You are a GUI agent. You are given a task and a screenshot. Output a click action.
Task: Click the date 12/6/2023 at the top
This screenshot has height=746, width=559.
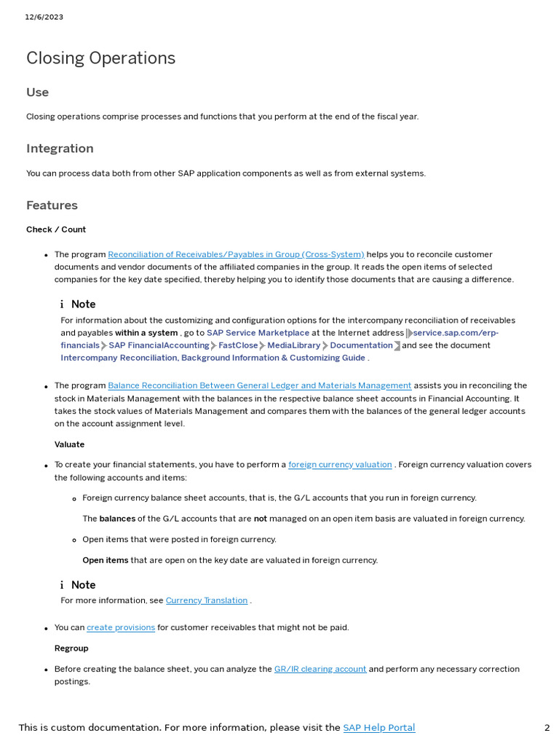click(x=44, y=17)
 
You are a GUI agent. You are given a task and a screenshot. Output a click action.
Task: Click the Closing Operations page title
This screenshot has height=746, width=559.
click(x=100, y=58)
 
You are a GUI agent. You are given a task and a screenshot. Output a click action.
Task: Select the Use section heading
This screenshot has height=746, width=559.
click(x=37, y=93)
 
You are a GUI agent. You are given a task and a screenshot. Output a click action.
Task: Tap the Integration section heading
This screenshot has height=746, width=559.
click(x=60, y=149)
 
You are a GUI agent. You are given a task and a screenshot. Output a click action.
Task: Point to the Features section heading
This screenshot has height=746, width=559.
click(x=52, y=205)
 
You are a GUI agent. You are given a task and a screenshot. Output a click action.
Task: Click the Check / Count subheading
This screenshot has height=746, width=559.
click(x=56, y=229)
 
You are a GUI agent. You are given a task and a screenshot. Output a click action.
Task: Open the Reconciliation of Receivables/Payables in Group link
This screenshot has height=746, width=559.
click(x=236, y=255)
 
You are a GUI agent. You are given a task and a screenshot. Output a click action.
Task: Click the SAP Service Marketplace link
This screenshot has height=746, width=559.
click(x=258, y=333)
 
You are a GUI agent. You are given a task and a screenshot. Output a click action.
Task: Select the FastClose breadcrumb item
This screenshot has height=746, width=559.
click(x=238, y=345)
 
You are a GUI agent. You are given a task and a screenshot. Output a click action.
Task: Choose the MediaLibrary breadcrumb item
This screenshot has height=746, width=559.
click(x=293, y=345)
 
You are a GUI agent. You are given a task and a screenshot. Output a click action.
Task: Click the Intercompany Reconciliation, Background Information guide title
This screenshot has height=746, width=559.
click(x=213, y=358)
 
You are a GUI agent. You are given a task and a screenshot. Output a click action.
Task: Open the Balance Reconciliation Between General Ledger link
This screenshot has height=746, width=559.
click(x=259, y=386)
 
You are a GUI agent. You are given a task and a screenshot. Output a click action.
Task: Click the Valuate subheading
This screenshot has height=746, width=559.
click(x=69, y=444)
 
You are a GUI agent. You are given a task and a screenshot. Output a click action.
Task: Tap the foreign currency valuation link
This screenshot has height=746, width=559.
click(x=340, y=465)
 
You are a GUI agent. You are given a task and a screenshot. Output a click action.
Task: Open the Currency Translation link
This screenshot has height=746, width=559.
click(x=207, y=601)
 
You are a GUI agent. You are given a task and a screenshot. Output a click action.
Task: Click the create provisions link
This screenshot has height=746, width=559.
click(x=121, y=628)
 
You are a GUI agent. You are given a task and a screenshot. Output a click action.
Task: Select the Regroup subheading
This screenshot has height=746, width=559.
click(x=71, y=648)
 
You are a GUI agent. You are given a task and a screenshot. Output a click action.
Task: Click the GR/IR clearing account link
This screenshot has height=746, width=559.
click(x=320, y=670)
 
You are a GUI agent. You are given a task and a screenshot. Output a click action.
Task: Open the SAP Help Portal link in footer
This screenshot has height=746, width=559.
click(x=378, y=728)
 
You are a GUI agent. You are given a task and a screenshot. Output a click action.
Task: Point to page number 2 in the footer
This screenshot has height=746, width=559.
click(x=547, y=728)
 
